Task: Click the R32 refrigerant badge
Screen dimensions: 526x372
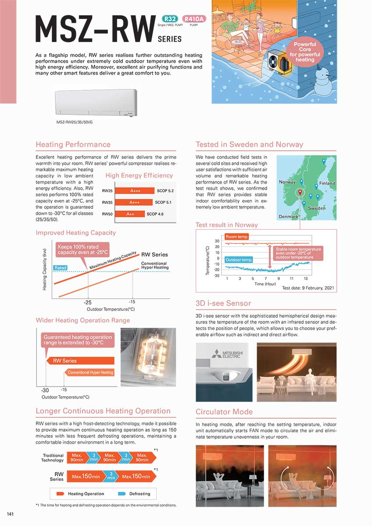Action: tap(169, 19)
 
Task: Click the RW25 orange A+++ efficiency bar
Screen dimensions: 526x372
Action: tap(135, 191)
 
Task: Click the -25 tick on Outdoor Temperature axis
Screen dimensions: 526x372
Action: tap(88, 302)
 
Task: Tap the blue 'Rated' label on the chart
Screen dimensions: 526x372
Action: tap(60, 268)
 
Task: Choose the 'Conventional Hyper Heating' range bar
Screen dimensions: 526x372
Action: tap(90, 373)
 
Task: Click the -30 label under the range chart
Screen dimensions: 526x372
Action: tap(45, 390)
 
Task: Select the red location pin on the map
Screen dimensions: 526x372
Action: tap(300, 192)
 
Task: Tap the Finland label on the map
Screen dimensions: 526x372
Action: tap(327, 183)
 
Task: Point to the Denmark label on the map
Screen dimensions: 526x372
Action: tap(288, 217)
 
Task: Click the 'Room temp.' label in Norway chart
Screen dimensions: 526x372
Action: tap(237, 237)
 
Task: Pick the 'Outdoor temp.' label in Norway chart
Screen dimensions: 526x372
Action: tap(239, 259)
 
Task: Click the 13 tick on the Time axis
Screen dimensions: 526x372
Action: tap(305, 279)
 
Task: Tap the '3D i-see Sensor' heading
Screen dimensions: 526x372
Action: tap(223, 303)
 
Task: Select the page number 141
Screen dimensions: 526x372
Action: tap(11, 513)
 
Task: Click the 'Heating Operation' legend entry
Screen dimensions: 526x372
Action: tap(81, 494)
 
